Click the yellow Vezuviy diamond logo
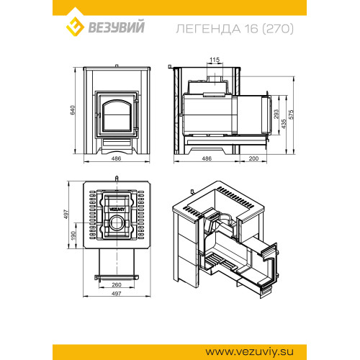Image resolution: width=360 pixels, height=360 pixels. (75, 27)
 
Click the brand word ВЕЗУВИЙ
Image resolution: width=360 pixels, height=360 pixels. (117, 27)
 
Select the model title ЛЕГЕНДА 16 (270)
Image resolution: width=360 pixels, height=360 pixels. (235, 29)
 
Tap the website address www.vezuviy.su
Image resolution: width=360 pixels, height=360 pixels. (249, 352)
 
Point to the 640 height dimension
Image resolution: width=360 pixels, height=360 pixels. (73, 110)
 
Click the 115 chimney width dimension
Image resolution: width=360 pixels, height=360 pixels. (215, 60)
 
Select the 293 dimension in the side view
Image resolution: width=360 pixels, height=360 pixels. (276, 114)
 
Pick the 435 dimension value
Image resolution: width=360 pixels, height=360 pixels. (284, 124)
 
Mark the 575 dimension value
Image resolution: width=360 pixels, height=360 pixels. (291, 114)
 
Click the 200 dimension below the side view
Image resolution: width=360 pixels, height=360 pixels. (253, 158)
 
